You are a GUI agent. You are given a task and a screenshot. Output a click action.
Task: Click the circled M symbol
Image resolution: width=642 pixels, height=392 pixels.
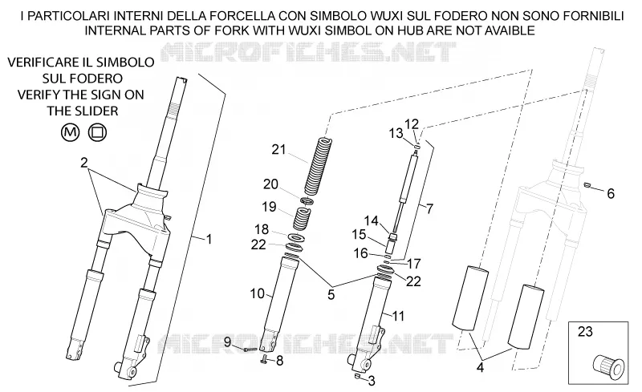point(70,132)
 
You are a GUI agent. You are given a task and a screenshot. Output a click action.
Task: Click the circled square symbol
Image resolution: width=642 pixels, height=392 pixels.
point(97,132)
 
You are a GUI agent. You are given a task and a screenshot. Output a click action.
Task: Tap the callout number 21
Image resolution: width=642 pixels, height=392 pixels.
point(278,150)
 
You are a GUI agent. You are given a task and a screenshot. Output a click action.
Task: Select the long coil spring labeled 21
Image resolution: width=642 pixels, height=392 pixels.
point(318,166)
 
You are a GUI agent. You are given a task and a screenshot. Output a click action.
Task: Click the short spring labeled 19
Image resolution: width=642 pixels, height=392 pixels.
point(302,219)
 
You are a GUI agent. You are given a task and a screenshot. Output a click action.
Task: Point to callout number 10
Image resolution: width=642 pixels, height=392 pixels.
point(258,293)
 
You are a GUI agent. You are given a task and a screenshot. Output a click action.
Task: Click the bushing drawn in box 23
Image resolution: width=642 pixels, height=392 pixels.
point(609,364)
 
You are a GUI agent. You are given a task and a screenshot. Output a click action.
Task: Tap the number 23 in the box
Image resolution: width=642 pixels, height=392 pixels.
point(585,331)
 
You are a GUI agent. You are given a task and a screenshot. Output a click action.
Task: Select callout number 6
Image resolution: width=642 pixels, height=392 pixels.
point(611,193)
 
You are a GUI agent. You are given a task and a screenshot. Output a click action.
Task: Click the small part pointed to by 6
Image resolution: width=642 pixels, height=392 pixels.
point(587,184)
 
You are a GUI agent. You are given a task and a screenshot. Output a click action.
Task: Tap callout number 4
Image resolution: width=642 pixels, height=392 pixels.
point(480,367)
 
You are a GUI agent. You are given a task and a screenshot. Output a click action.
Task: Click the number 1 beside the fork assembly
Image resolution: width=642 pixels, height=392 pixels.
point(209,239)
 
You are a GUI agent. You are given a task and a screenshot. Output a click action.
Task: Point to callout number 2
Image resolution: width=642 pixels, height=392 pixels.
point(84,163)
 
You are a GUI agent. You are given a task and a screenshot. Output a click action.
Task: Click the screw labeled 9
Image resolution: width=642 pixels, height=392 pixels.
point(250,350)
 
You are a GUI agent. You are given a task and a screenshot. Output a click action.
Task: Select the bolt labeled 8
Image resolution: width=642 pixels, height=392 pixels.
point(264,360)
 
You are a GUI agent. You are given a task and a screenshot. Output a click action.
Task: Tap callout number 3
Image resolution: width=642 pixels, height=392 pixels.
point(372,381)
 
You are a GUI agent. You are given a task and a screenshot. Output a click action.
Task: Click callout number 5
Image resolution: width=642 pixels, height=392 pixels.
point(331,295)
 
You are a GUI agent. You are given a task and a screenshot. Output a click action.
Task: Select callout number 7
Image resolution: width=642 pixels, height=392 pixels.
point(429,209)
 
